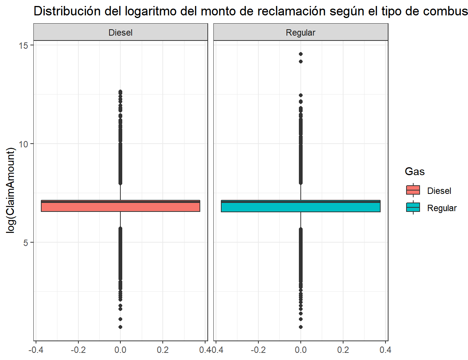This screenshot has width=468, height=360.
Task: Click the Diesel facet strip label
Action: coord(120,33)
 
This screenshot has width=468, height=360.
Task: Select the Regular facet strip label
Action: coord(300,33)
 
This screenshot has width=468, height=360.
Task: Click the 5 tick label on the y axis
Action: coord(25,243)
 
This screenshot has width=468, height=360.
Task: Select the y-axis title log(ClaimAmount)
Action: coord(11,190)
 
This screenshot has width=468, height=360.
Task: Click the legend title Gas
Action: coord(414,172)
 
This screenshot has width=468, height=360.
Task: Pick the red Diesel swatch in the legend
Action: coord(413,190)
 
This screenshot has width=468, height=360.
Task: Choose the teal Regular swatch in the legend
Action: coord(413,208)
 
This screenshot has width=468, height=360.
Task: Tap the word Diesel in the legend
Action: coord(439,191)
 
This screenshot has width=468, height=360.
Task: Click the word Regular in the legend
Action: coord(442,208)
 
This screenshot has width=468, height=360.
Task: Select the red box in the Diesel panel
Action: coord(120,207)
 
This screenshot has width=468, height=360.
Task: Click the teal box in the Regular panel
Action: coord(300,207)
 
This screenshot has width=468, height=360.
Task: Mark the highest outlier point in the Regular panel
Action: coord(300,54)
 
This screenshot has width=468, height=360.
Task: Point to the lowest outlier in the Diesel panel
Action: coord(120,327)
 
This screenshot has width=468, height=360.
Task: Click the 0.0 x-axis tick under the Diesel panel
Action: coord(120,350)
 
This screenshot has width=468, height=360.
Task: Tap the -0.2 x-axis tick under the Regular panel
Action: coord(258,350)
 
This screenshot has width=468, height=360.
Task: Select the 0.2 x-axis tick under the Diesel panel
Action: coord(163,350)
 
